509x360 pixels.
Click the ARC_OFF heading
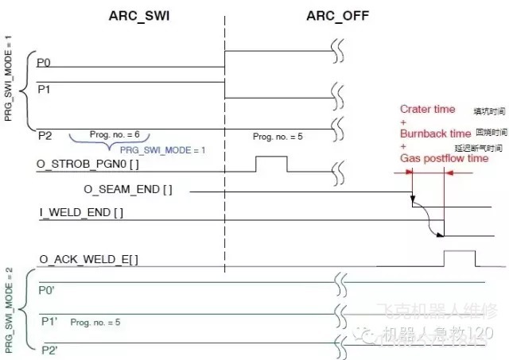point(337,15)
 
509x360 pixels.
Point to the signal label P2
point(45,137)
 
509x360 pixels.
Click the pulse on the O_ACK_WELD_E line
point(459,258)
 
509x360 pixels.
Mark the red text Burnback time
point(435,134)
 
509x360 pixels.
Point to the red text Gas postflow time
point(444,159)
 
